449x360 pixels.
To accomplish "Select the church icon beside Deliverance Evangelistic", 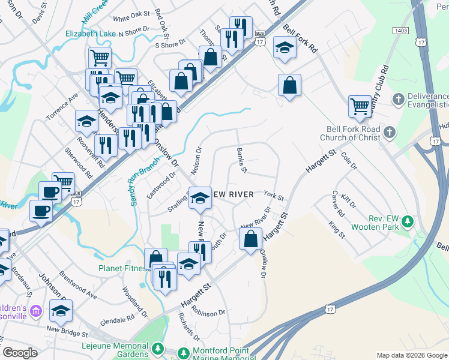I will [x=397, y=98].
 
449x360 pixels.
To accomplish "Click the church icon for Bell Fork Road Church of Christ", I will [x=389, y=131].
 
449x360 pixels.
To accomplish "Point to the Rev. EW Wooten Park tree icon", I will [x=408, y=222].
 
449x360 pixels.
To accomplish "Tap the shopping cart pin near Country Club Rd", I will [x=360, y=106].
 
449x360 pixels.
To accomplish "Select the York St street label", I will [x=273, y=196].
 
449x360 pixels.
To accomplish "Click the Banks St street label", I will [x=241, y=160].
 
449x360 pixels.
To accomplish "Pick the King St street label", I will [x=337, y=230].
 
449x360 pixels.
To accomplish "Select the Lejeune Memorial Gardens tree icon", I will [x=157, y=348].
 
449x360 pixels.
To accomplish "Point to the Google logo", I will [x=20, y=353].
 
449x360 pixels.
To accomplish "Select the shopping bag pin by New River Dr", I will [x=250, y=239].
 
